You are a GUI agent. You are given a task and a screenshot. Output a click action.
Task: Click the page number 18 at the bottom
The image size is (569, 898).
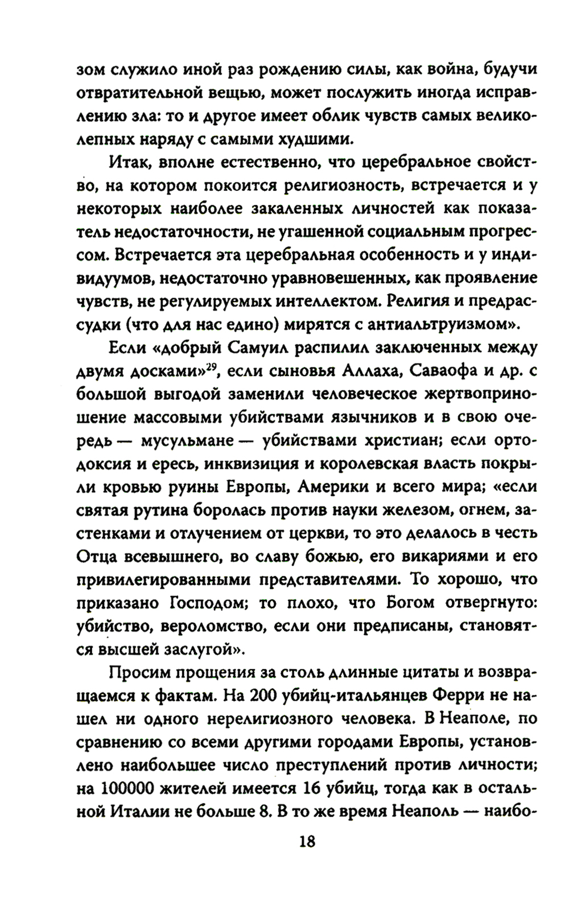[x=306, y=841]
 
